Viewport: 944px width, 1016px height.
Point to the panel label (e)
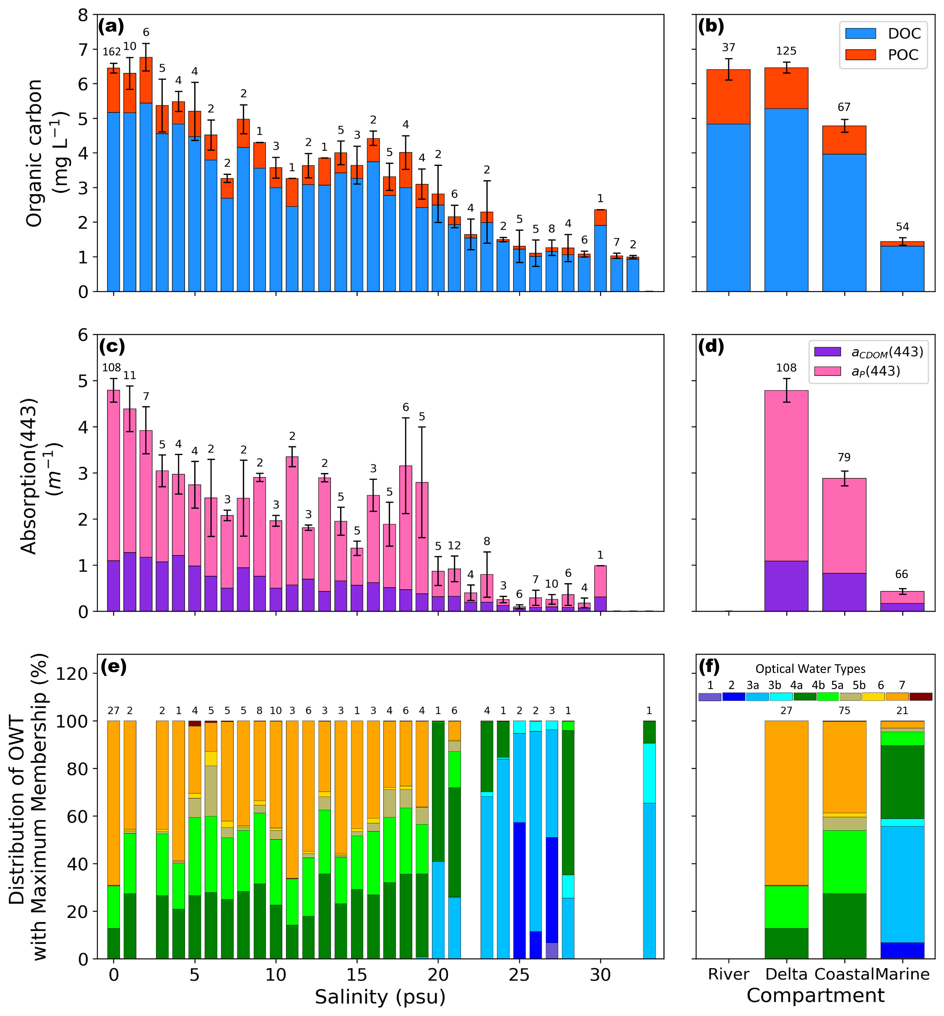point(113,667)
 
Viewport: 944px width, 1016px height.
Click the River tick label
point(728,974)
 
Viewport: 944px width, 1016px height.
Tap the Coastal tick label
point(844,974)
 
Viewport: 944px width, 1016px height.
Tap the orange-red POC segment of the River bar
point(728,97)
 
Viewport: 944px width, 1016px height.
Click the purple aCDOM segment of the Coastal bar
point(844,592)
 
